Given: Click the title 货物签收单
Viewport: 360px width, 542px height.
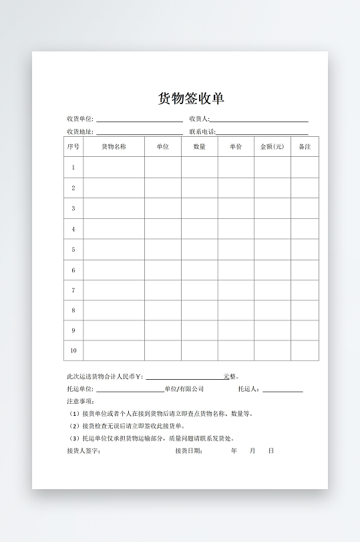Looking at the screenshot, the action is tap(191, 99).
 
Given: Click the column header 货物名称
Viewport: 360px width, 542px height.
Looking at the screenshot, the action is tap(114, 147).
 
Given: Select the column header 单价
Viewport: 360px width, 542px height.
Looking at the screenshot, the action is tap(236, 147).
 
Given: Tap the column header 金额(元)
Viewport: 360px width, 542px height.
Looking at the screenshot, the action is tap(272, 147).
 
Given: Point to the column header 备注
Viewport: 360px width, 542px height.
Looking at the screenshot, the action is tap(305, 147).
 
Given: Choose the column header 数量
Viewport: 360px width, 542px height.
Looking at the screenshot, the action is tap(199, 147).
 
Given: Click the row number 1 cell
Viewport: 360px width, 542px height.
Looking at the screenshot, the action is tap(73, 168).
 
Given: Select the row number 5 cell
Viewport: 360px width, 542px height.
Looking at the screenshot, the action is tap(73, 250).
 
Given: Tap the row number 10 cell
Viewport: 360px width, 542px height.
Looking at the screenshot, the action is tap(73, 350).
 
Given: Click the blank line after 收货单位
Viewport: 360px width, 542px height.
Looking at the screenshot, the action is tap(140, 120).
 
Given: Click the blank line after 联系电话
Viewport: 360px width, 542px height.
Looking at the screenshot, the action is tap(262, 133).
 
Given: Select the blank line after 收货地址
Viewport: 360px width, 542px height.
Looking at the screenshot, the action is tap(140, 133).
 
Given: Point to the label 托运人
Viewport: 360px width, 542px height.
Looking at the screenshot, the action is tap(249, 389).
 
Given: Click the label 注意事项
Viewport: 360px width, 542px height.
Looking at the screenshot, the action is tap(81, 401).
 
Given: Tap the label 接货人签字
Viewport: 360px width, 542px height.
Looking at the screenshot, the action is tap(83, 451).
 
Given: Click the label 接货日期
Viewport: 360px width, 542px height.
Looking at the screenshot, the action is tap(189, 451).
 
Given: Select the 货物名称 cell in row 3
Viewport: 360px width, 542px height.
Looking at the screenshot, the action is tap(114, 208).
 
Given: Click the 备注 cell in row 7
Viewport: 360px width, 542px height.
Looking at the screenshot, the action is tap(305, 290).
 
